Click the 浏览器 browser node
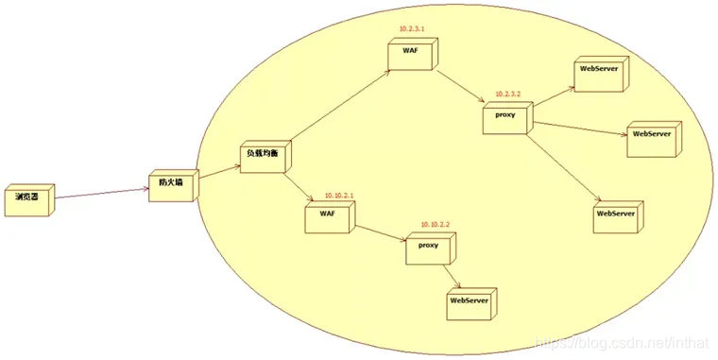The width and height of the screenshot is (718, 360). [x=26, y=198]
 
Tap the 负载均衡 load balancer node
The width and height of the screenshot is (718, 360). [x=264, y=155]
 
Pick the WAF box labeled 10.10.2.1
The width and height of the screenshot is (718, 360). [x=326, y=216]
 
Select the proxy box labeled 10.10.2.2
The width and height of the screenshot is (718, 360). [x=427, y=248]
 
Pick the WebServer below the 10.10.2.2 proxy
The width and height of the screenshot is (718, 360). [x=468, y=301]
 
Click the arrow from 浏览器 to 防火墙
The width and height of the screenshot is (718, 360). [x=99, y=195]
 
